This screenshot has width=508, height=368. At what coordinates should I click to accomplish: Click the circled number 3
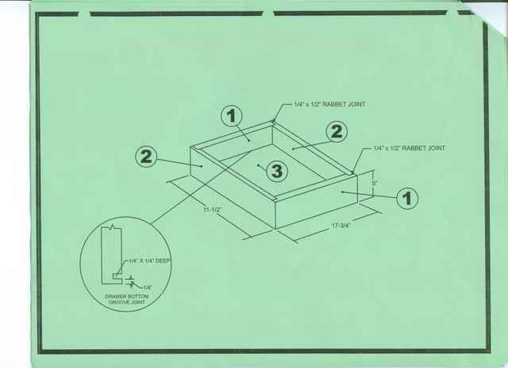pyautogui.click(x=277, y=170)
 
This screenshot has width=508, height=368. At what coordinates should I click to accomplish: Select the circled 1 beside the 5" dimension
pyautogui.click(x=407, y=198)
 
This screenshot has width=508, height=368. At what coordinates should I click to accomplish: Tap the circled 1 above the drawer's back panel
pyautogui.click(x=232, y=116)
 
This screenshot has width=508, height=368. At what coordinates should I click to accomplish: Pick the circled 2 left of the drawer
pyautogui.click(x=146, y=157)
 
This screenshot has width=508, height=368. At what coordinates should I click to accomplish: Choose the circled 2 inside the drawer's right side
pyautogui.click(x=337, y=131)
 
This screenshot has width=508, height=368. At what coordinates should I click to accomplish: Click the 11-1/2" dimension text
pyautogui.click(x=213, y=210)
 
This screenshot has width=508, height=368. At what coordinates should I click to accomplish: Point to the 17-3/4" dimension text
pyautogui.click(x=341, y=226)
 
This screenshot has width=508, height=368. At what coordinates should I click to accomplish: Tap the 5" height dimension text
pyautogui.click(x=375, y=183)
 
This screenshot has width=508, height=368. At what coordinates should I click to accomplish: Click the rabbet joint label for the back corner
pyautogui.click(x=329, y=104)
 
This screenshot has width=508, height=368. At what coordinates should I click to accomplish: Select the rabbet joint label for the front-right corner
pyautogui.click(x=410, y=149)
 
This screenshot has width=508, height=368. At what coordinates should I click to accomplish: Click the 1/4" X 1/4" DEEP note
pyautogui.click(x=149, y=261)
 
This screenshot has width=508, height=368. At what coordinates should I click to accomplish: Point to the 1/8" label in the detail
pyautogui.click(x=148, y=287)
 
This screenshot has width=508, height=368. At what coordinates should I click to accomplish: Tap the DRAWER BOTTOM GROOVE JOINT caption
pyautogui.click(x=127, y=299)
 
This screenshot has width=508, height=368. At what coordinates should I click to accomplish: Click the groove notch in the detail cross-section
pyautogui.click(x=117, y=276)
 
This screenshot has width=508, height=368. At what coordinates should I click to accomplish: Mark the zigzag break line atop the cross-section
pyautogui.click(x=113, y=227)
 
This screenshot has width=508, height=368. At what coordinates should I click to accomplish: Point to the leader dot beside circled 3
pyautogui.click(x=258, y=165)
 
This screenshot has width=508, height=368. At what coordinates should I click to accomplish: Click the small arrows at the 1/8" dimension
pyautogui.click(x=130, y=281)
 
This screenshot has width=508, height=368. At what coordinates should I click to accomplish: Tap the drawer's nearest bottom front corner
pyautogui.click(x=275, y=229)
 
